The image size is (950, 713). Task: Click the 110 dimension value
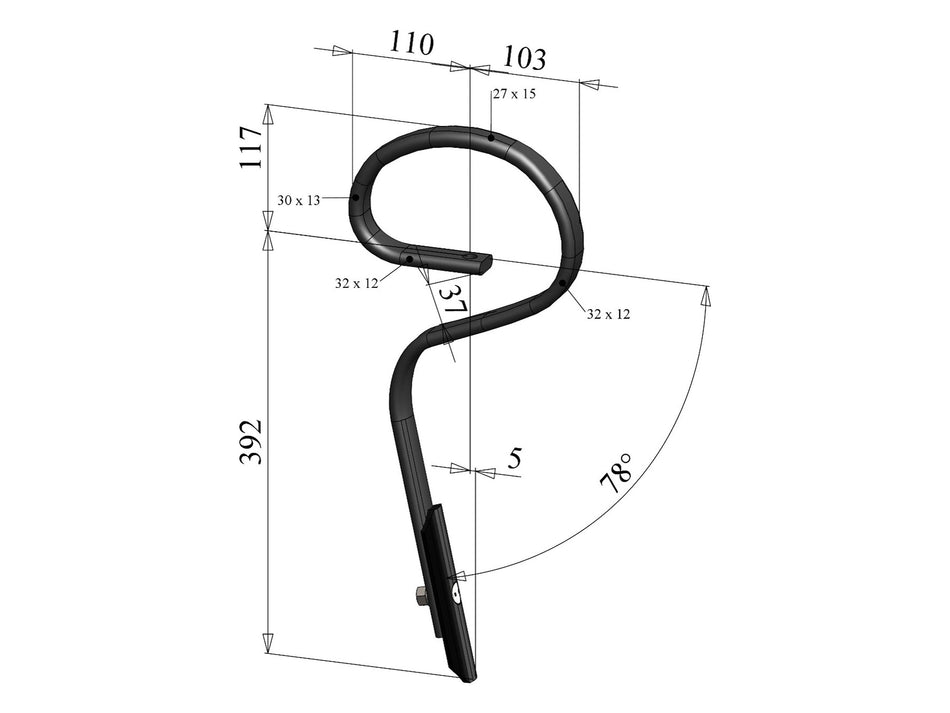coord(412,44)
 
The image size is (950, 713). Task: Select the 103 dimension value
coord(524,58)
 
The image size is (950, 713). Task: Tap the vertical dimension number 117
coord(251,147)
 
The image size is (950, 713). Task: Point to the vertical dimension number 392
coord(251,440)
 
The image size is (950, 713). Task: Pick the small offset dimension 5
coord(515,459)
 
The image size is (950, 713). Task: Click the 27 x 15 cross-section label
coord(514,94)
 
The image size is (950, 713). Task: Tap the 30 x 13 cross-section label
coord(299,201)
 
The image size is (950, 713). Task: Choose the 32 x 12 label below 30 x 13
coord(356,284)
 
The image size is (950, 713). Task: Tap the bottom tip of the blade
coord(468,679)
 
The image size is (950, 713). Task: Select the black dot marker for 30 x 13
coord(355,198)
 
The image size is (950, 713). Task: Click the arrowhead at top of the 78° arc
coord(707,296)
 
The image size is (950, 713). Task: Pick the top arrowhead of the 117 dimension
coord(268,114)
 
